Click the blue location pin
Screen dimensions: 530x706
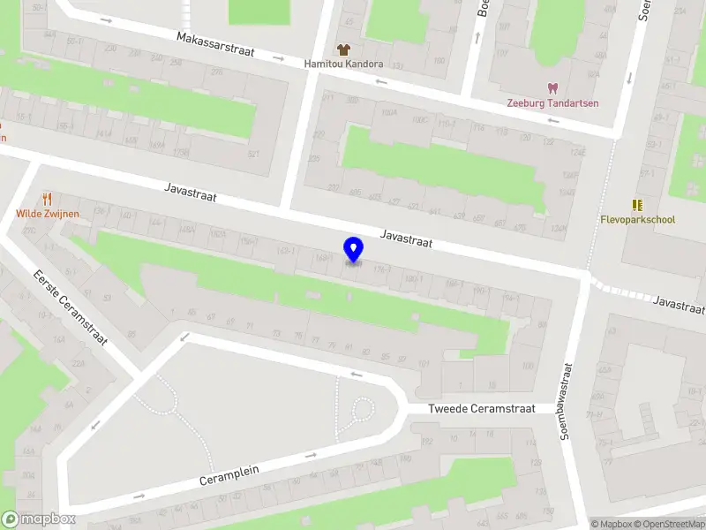(x=354, y=249)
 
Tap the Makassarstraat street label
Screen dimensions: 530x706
(x=215, y=45)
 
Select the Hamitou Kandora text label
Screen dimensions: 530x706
(x=343, y=64)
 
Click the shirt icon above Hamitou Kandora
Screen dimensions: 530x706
(x=343, y=49)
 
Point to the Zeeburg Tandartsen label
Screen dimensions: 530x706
(x=552, y=102)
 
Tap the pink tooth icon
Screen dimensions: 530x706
(x=552, y=87)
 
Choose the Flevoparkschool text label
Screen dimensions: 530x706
(x=638, y=219)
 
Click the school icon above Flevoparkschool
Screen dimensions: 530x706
(x=637, y=204)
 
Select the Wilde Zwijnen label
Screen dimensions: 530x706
(x=48, y=214)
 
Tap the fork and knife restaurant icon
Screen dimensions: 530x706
(x=48, y=200)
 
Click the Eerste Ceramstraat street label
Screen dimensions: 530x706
(x=70, y=307)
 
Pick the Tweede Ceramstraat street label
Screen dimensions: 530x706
(x=482, y=409)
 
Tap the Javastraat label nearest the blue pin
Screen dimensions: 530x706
(x=406, y=238)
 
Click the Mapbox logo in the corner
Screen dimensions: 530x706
(x=38, y=519)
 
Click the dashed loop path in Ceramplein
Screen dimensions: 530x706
(x=360, y=412)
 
